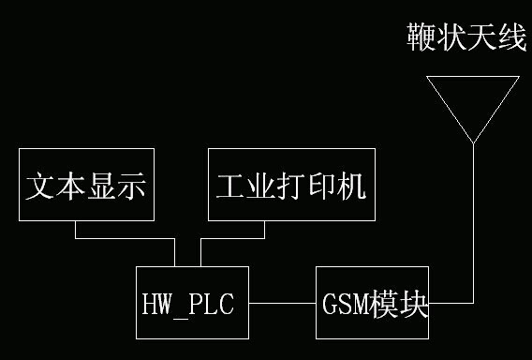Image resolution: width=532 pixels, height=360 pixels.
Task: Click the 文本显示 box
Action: pyautogui.click(x=86, y=185)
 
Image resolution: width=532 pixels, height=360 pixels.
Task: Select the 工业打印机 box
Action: pyautogui.click(x=289, y=185)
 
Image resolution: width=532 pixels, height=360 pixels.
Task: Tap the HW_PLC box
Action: pyautogui.click(x=193, y=303)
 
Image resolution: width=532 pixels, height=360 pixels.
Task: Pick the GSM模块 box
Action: pyautogui.click(x=374, y=303)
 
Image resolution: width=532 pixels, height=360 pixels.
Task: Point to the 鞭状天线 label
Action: pyautogui.click(x=467, y=38)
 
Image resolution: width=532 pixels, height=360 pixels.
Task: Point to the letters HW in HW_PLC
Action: pyautogui.click(x=155, y=305)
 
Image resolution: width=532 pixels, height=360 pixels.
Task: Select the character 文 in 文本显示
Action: pyautogui.click(x=39, y=186)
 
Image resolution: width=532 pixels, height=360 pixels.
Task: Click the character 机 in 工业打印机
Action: pyautogui.click(x=348, y=186)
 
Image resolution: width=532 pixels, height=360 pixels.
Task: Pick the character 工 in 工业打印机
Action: pyautogui.click(x=230, y=186)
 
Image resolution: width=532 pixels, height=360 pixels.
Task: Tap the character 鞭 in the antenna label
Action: pyautogui.click(x=421, y=38)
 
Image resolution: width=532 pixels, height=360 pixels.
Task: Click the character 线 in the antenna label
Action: pyautogui.click(x=511, y=38)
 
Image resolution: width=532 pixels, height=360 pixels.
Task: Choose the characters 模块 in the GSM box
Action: pyautogui.click(x=400, y=305)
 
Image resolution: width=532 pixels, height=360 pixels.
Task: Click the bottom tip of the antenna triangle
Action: pyautogui.click(x=474, y=142)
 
